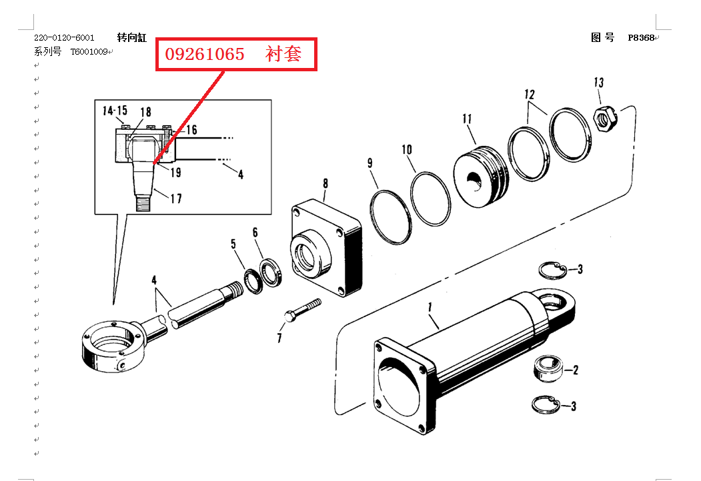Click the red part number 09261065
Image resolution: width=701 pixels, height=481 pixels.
(x=205, y=54)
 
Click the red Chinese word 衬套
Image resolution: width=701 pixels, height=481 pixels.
(x=283, y=54)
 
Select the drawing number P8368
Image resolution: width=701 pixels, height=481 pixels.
(x=641, y=37)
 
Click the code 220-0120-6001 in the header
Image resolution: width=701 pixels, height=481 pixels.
(x=65, y=37)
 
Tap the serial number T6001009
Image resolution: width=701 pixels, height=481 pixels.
(x=89, y=52)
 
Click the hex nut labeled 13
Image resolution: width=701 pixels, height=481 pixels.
(x=605, y=119)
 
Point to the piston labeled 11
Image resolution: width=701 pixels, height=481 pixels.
(x=481, y=175)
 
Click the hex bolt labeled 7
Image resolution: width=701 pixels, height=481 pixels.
(x=303, y=310)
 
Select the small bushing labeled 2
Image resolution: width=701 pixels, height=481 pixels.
(x=548, y=369)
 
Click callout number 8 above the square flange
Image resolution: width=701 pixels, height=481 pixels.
(x=325, y=183)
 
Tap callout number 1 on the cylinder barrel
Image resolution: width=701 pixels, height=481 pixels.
(x=430, y=307)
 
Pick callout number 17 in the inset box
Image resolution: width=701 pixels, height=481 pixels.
(x=176, y=199)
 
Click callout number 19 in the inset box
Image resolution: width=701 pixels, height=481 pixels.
(x=175, y=173)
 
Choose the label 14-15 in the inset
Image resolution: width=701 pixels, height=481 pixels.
(x=115, y=111)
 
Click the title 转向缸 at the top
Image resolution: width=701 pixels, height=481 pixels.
(x=132, y=37)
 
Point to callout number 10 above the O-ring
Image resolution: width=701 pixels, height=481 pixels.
(x=406, y=150)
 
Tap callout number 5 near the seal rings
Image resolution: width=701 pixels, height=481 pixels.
(x=233, y=244)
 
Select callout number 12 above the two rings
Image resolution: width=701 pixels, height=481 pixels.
(x=530, y=95)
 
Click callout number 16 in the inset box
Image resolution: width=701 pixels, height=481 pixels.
(x=191, y=130)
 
